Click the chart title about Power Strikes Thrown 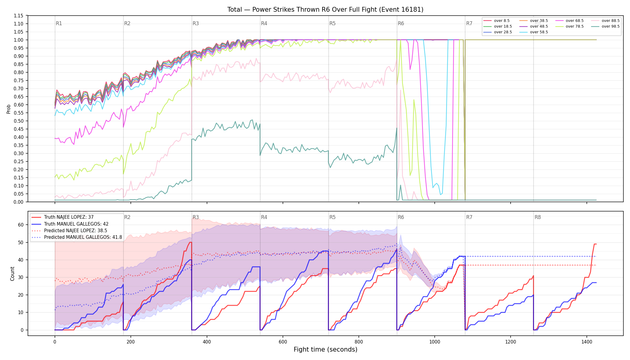[325, 10]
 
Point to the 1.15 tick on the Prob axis [19, 16]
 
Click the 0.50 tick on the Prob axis [19, 121]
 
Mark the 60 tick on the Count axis [21, 225]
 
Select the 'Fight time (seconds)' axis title [325, 349]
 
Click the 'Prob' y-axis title [9, 109]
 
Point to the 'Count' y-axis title [12, 274]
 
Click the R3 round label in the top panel [196, 23]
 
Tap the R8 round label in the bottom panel [538, 217]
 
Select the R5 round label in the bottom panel [332, 217]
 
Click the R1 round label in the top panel [59, 23]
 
